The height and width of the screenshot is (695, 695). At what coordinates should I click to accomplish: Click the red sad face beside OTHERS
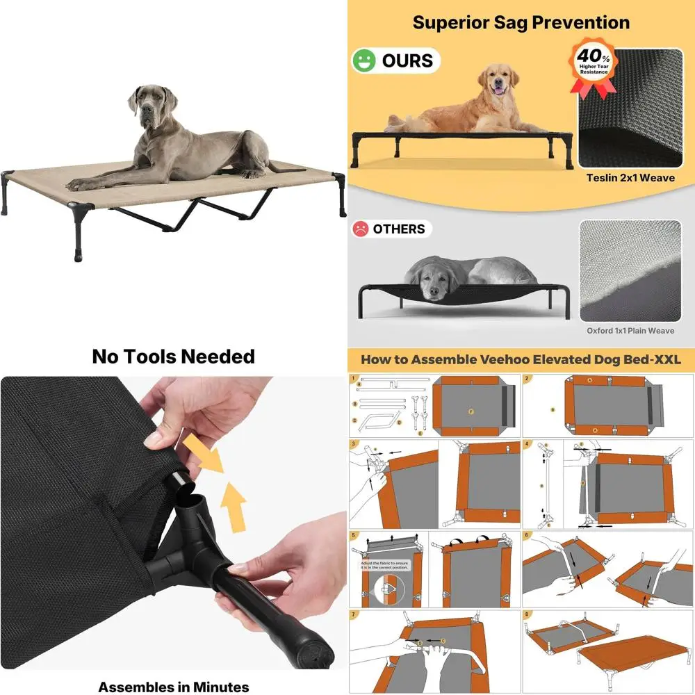coord(361,229)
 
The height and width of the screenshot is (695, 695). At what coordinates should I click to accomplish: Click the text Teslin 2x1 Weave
coord(630,178)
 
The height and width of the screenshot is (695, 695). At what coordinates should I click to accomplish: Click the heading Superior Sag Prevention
coord(521,22)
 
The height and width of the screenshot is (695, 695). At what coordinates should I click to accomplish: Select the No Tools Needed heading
coord(173,357)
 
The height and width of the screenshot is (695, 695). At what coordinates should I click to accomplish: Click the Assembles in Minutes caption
coord(173,687)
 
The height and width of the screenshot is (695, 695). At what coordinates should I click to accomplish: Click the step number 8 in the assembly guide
coord(528,615)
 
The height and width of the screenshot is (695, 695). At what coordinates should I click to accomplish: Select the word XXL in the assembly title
coord(664,359)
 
